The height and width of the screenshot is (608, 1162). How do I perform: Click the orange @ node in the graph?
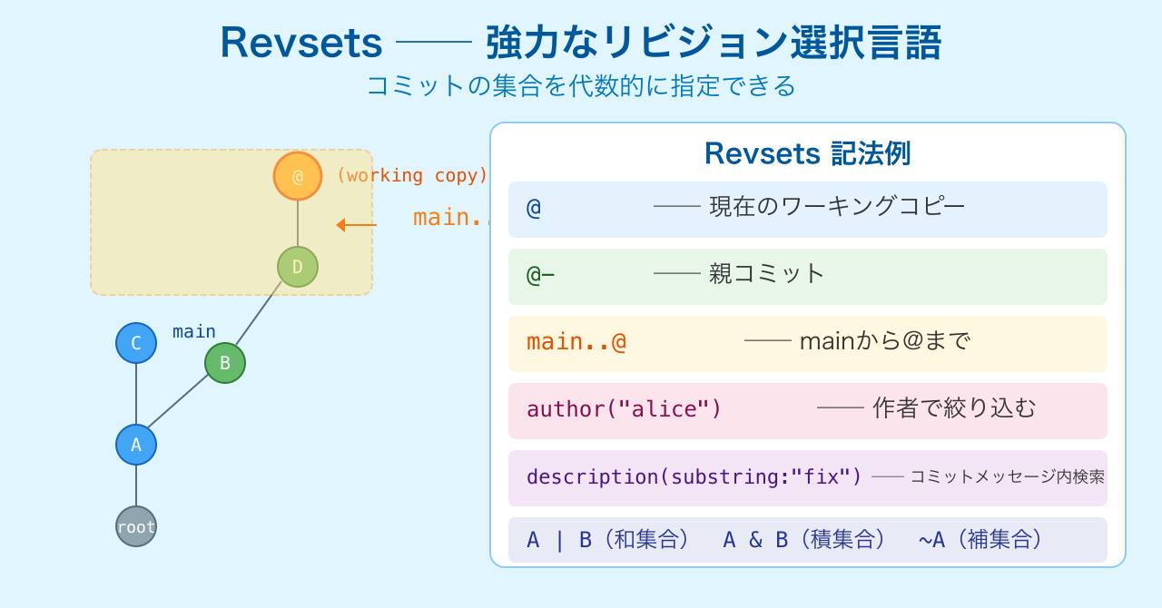(298, 176)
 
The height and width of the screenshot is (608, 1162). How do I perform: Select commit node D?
(298, 267)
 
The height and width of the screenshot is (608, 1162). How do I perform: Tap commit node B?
(225, 363)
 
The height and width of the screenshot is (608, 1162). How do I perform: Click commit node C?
(136, 343)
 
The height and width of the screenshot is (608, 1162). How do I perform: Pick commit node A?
(136, 445)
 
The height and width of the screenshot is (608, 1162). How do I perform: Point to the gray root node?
(136, 526)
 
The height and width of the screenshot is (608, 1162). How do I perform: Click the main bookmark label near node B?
(194, 331)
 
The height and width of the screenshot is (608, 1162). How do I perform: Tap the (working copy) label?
(411, 175)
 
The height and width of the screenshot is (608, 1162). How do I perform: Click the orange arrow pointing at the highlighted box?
(356, 225)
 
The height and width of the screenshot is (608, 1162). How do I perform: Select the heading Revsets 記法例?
(807, 153)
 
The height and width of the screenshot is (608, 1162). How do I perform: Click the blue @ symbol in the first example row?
(534, 208)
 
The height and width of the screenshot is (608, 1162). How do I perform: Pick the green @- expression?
(540, 274)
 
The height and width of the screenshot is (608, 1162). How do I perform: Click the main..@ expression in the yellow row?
(576, 342)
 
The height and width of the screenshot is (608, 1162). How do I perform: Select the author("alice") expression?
(624, 409)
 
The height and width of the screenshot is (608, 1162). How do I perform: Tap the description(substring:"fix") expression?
(694, 476)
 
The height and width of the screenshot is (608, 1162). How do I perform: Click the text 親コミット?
(767, 273)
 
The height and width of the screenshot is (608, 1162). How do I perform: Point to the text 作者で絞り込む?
(954, 408)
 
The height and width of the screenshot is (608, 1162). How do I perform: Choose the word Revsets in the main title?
(301, 42)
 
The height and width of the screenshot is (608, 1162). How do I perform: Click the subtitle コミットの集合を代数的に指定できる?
(581, 85)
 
